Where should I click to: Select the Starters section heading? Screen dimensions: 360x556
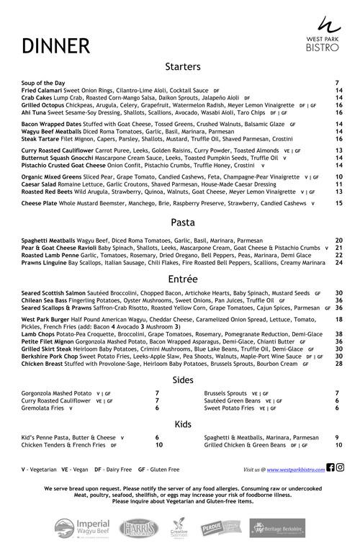[182, 67]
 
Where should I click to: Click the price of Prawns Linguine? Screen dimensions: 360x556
[338, 263]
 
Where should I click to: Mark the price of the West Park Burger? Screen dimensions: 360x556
[338, 319]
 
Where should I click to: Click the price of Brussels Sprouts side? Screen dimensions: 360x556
[337, 393]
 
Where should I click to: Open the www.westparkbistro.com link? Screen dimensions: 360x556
[295, 469]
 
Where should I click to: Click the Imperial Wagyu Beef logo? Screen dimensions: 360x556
[79, 527]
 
